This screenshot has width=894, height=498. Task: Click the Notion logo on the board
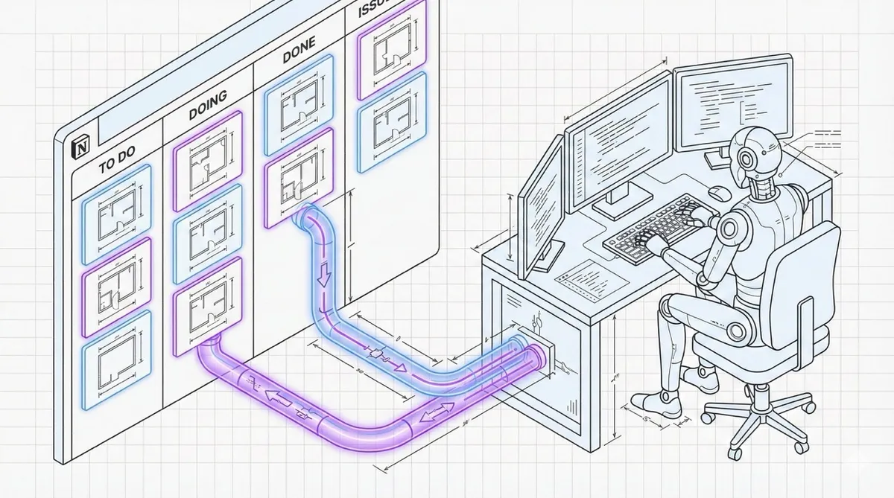coord(78,147)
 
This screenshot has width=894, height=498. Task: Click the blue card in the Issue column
coord(386,128)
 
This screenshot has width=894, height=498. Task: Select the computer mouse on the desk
coord(718,191)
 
